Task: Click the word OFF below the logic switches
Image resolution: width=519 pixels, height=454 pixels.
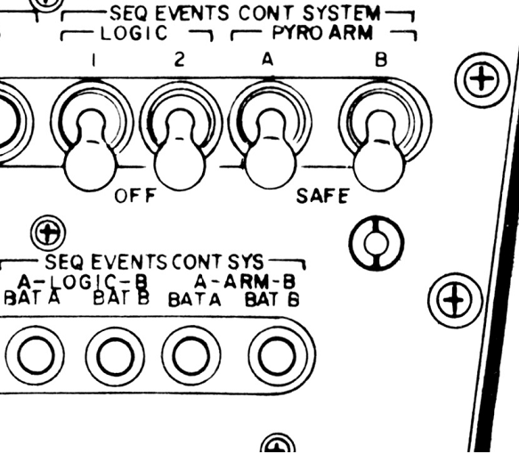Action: pyautogui.click(x=134, y=196)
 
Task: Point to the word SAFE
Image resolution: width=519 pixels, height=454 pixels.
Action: pyautogui.click(x=322, y=196)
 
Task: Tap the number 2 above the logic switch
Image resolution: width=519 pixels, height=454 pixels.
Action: pyautogui.click(x=179, y=60)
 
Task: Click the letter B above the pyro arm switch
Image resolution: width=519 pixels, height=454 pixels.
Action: pyautogui.click(x=381, y=61)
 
